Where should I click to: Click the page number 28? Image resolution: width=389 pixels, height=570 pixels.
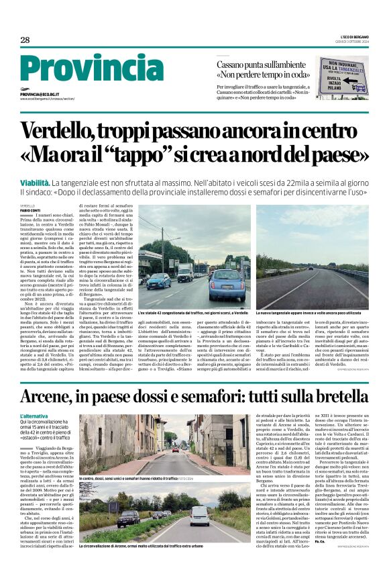click(25, 40)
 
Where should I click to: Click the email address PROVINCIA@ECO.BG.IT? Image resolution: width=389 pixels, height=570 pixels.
click(40, 95)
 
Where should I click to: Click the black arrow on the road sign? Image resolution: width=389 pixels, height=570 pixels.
click(360, 88)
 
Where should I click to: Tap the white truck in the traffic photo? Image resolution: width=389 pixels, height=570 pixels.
click(185, 271)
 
